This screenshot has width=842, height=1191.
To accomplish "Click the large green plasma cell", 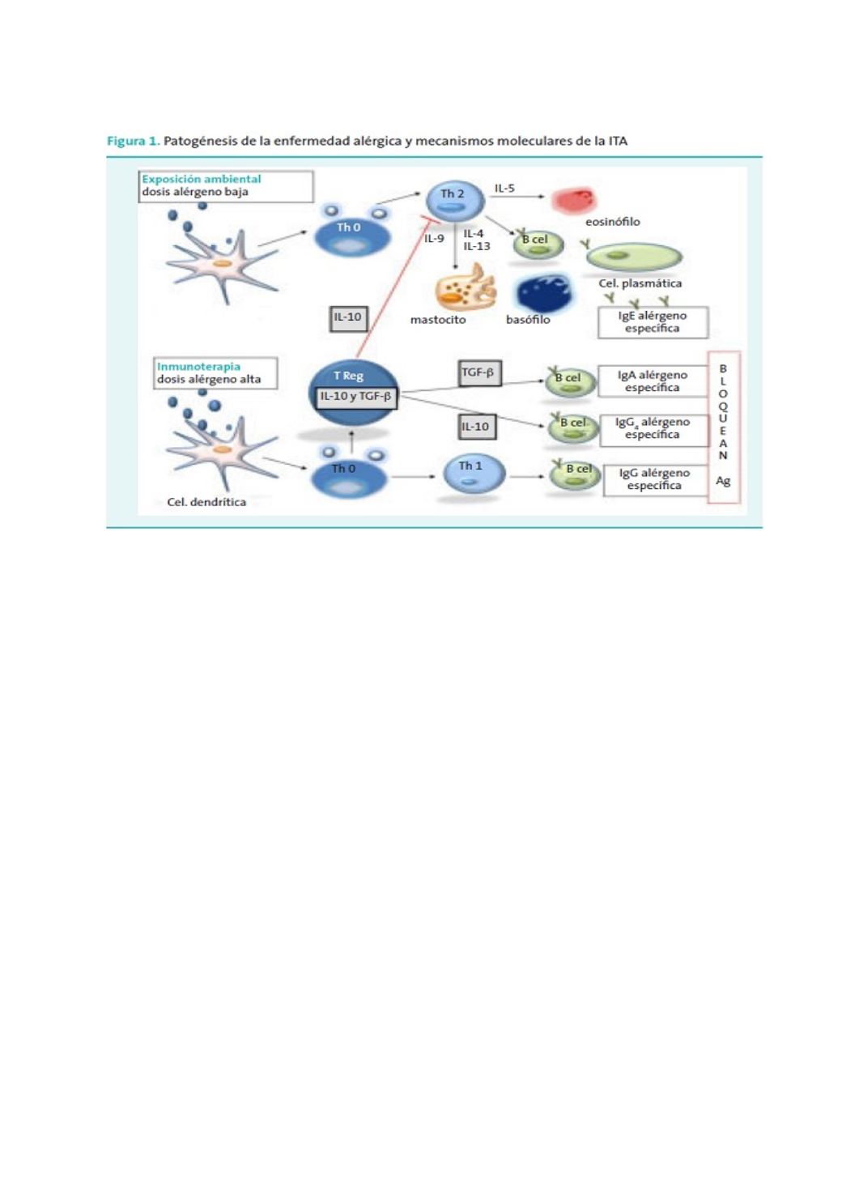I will tap(633, 257).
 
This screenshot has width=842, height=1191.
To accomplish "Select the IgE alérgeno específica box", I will tap(652, 322).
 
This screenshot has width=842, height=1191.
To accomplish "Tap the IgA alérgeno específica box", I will tap(652, 381).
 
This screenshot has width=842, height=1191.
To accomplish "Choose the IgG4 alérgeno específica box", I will tap(652, 428).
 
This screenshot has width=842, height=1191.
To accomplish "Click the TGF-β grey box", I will tap(478, 372).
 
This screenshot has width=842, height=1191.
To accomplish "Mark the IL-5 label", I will tap(504, 189).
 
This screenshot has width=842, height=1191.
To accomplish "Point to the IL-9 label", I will tap(434, 239).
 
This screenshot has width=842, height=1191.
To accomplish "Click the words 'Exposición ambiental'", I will tap(202, 179).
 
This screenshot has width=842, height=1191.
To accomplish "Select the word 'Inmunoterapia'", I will tap(198, 366).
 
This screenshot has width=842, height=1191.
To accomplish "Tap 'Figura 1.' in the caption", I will tap(133, 141).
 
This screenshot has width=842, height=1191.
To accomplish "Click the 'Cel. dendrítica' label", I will tap(206, 502).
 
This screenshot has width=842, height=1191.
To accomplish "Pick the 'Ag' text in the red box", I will tap(723, 481).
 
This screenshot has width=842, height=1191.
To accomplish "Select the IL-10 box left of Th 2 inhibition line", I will tap(348, 317).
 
